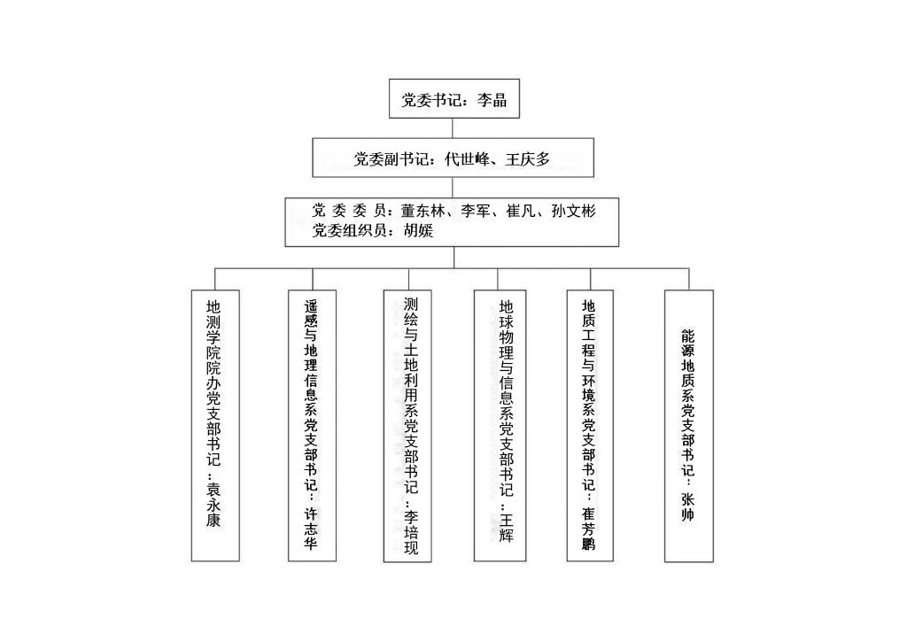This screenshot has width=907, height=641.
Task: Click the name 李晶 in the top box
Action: tap(492, 100)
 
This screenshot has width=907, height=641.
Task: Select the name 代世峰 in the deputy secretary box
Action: tap(467, 159)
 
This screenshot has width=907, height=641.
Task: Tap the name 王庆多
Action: tap(527, 159)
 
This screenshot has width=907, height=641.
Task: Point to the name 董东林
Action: tap(423, 211)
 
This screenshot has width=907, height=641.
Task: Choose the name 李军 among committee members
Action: tap(476, 211)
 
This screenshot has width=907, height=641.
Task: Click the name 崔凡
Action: tap(521, 211)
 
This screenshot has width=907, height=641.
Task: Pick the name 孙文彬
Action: tap(573, 211)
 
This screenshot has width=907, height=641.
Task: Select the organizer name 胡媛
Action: tap(418, 230)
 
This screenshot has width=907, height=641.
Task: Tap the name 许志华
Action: tap(311, 528)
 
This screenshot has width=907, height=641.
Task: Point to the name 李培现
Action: tap(411, 532)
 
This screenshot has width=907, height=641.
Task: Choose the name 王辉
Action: tap(506, 527)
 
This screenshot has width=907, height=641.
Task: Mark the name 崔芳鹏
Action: tap(588, 529)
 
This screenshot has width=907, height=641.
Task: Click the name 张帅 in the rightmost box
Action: tap(687, 506)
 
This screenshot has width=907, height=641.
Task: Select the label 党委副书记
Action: tap(391, 159)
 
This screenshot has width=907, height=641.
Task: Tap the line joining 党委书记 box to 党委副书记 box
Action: tap(453, 127)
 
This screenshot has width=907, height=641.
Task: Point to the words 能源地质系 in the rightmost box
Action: tap(687, 366)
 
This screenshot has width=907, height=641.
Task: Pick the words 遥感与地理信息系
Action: tap(311, 358)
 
